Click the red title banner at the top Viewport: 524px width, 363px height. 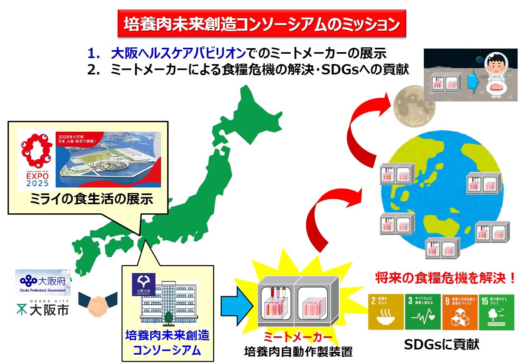(262, 24)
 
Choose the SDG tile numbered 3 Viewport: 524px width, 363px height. (423, 312)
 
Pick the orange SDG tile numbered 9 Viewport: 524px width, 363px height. (459, 312)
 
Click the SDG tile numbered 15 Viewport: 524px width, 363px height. (496, 312)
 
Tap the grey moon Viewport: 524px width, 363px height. (414, 106)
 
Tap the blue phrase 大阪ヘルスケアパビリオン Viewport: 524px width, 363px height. (178, 53)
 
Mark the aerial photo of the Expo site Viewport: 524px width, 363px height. (108, 159)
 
